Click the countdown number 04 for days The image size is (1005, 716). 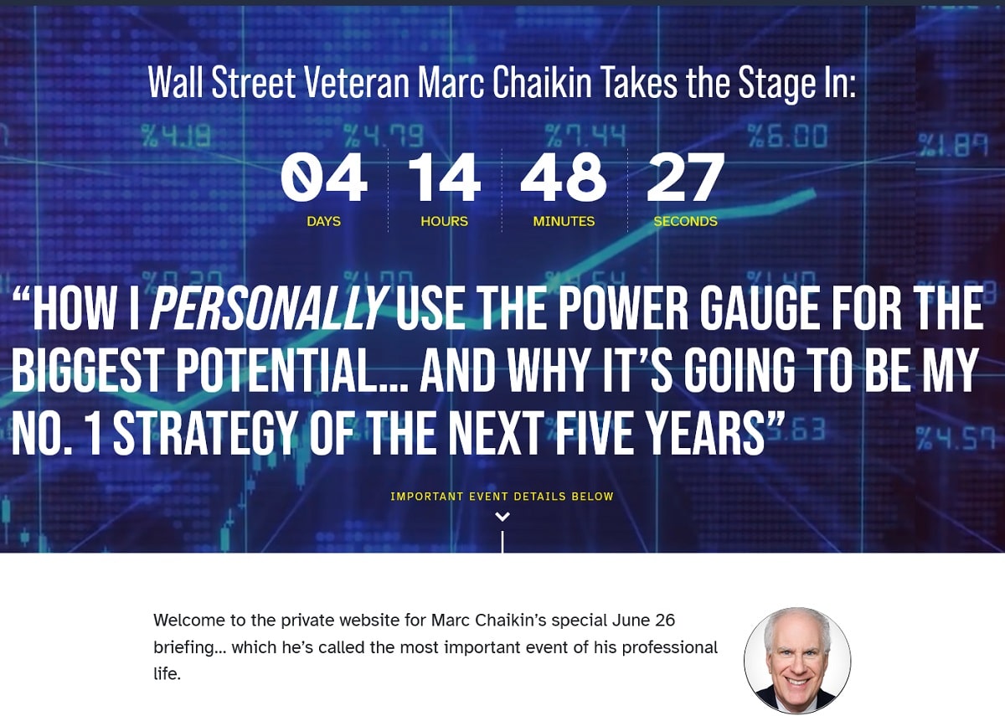(x=323, y=178)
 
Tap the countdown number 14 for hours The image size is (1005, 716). (x=444, y=178)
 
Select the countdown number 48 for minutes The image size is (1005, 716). (x=564, y=178)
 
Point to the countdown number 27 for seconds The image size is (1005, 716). (x=685, y=178)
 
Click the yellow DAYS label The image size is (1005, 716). (x=323, y=221)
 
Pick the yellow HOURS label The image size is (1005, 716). (x=444, y=221)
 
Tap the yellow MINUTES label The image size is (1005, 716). (x=564, y=221)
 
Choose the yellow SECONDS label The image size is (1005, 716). (x=685, y=221)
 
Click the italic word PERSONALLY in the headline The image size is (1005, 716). (x=267, y=309)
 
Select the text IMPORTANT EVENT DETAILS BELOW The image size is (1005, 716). (x=502, y=497)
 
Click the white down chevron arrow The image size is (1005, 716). (x=502, y=517)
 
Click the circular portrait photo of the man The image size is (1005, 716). (x=796, y=660)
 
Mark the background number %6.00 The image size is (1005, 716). (x=786, y=136)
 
